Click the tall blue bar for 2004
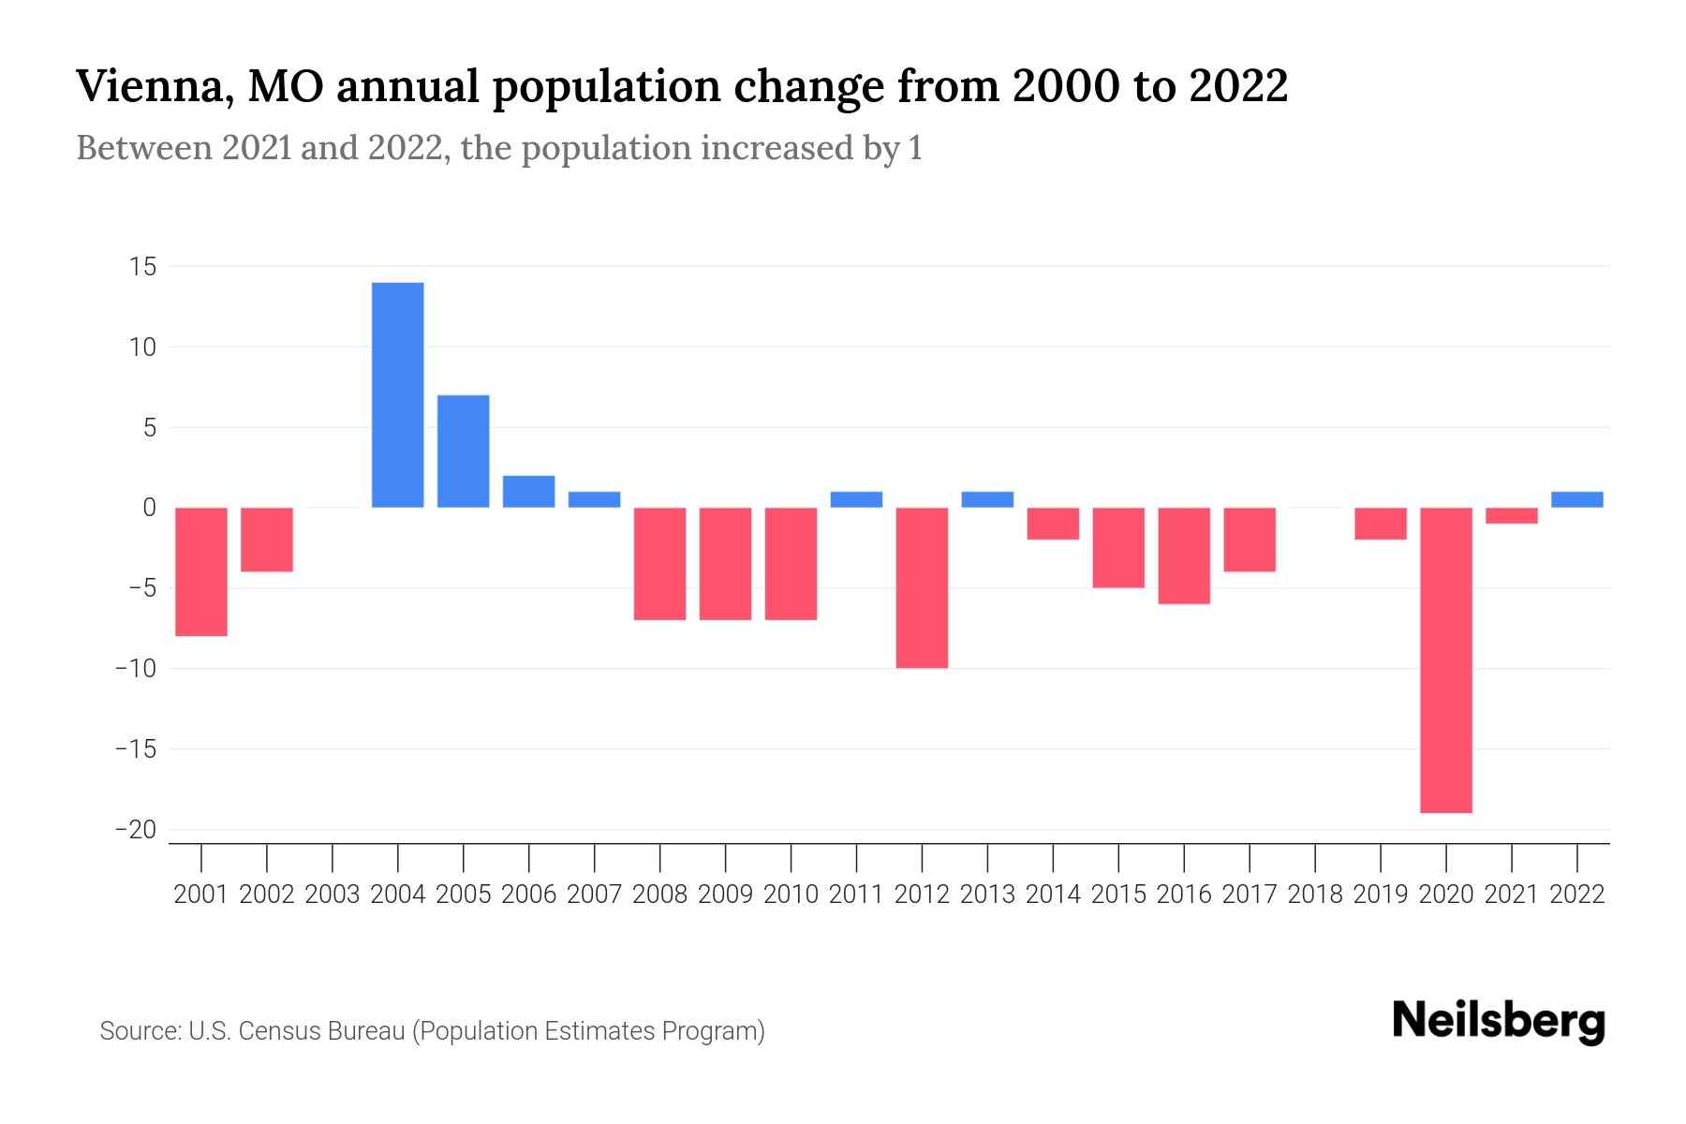point(397,394)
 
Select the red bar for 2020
point(1445,659)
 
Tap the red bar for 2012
point(922,587)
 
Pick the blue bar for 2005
point(463,451)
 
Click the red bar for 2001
point(201,571)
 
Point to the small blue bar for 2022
point(1576,499)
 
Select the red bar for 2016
point(1184,555)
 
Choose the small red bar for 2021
point(1511,515)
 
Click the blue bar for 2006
point(528,491)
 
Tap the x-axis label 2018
point(1314,895)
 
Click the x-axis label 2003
point(333,895)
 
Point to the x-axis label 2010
point(791,895)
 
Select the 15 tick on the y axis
point(142,267)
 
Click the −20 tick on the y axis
point(136,830)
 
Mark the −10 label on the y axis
point(136,669)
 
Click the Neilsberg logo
point(1499,1021)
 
